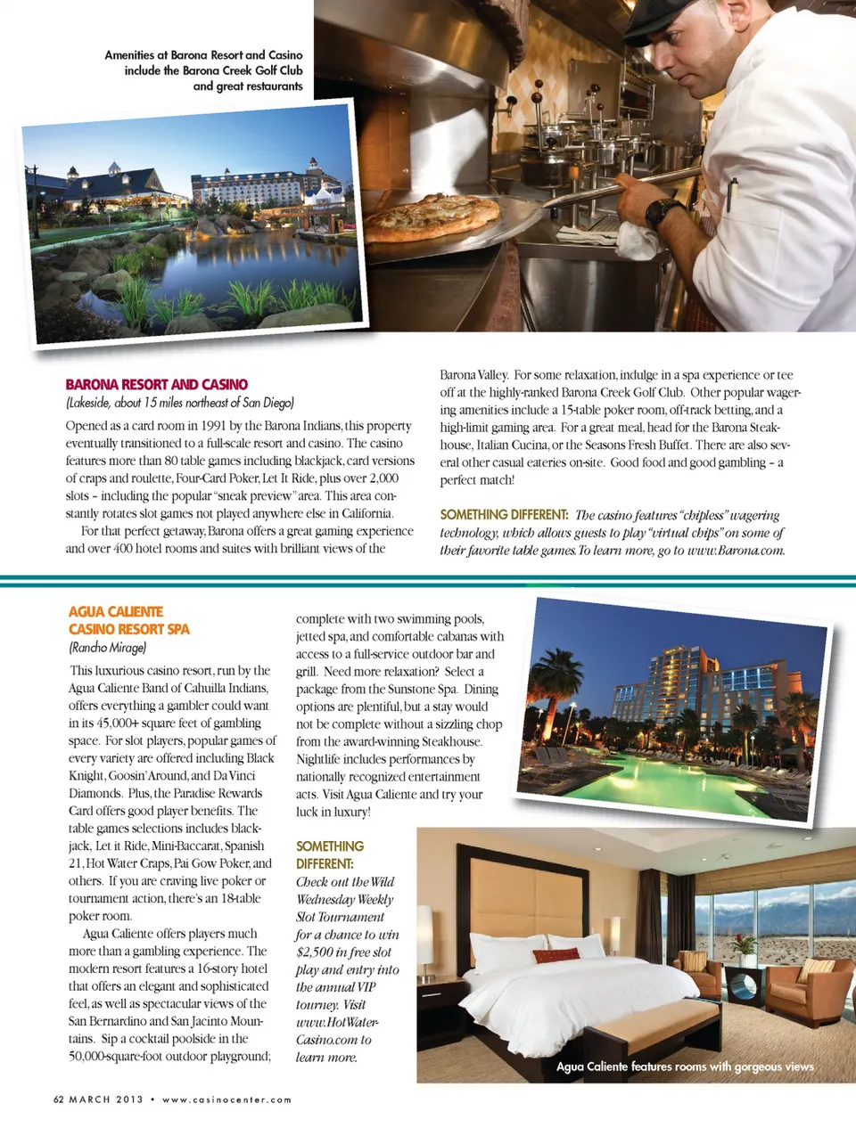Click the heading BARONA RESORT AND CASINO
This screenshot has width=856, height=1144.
click(x=156, y=384)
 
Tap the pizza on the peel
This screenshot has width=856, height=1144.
click(x=432, y=217)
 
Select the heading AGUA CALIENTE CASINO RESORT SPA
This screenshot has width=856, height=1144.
click(x=128, y=620)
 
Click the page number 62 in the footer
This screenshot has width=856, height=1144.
click(x=59, y=1099)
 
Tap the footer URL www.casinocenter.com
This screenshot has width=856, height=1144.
click(x=226, y=1099)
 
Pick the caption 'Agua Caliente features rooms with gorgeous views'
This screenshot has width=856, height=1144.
click(x=684, y=1066)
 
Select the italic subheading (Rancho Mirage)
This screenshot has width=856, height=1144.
click(x=107, y=648)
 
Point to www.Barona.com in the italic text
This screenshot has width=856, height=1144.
click(x=736, y=551)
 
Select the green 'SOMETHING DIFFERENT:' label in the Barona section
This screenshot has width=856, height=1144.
click(x=504, y=515)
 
